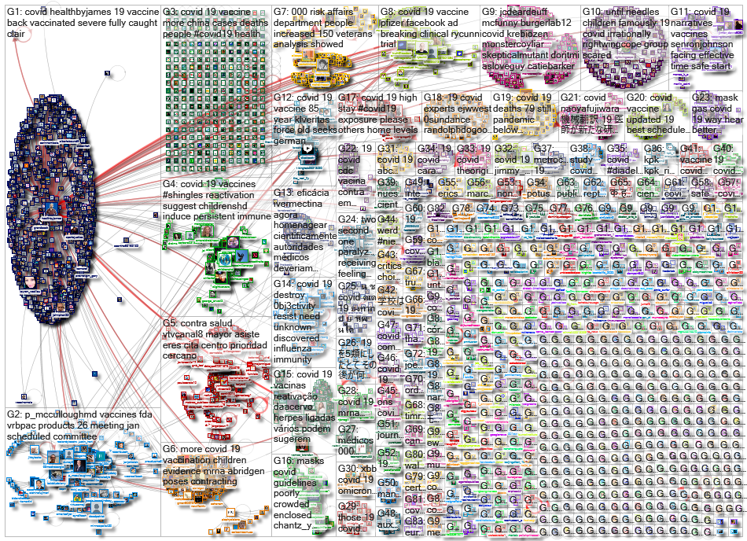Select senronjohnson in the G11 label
point(705,34)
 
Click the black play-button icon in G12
point(307,147)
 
